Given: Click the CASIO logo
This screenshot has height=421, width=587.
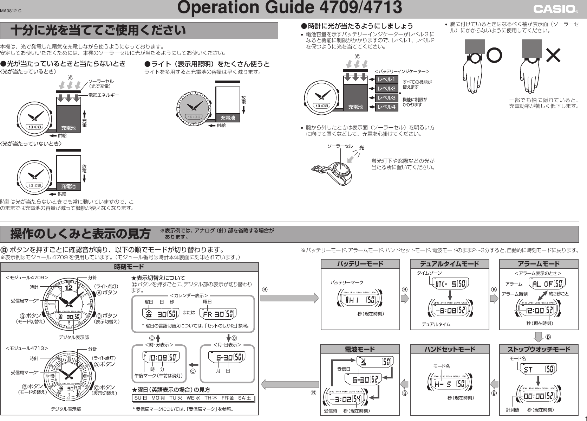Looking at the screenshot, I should (555, 9).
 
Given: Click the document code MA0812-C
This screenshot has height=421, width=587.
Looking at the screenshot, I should (11, 11).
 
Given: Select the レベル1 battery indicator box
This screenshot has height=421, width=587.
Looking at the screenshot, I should (387, 79).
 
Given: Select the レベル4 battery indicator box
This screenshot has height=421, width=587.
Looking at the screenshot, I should (387, 107).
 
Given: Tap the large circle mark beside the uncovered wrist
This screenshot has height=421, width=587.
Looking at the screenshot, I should (494, 55).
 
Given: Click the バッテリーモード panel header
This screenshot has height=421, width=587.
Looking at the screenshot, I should (360, 264).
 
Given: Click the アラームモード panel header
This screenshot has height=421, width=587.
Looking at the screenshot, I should (539, 264).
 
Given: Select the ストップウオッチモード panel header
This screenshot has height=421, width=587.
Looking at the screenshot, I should (539, 349).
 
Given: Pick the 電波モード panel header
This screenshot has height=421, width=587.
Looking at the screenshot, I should (360, 349).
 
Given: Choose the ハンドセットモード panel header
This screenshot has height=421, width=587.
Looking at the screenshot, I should (449, 349).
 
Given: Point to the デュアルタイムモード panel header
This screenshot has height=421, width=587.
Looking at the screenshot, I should (449, 264).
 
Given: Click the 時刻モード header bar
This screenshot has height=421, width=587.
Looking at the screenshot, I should (129, 267).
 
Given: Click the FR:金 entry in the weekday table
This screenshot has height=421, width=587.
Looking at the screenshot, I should (228, 398).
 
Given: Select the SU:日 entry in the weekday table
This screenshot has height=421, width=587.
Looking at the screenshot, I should (141, 398).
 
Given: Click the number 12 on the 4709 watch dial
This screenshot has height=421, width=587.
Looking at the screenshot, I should (69, 288).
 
